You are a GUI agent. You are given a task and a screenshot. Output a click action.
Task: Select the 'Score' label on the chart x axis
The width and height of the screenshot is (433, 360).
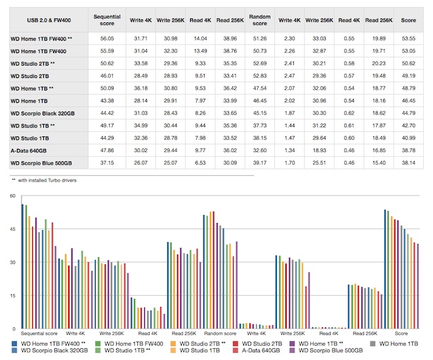tap(401, 334)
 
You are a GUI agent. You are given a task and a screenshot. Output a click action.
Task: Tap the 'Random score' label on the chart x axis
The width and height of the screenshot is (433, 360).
tap(219, 334)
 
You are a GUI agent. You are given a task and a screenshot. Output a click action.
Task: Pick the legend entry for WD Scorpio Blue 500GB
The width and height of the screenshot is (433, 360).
tap(333, 351)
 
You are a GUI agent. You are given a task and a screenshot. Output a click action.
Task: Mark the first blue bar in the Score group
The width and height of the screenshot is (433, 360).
tap(384, 269)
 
